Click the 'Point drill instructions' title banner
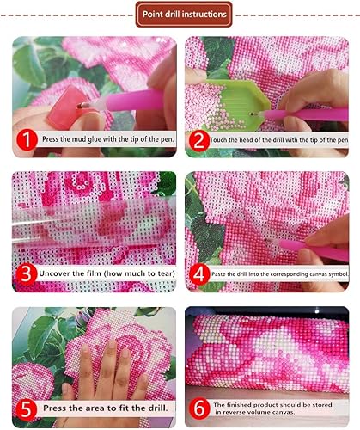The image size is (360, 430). point(184,14)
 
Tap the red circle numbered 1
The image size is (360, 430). point(27,140)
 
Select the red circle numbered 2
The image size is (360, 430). point(199,141)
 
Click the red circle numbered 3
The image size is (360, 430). point(27,273)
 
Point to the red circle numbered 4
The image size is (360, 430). point(199,274)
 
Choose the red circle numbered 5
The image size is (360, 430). point(27,408)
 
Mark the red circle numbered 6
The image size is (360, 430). point(199,408)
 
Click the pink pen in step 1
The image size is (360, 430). point(126,101)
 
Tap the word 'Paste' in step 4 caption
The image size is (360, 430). point(218,274)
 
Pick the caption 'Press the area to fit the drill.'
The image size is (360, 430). point(106,408)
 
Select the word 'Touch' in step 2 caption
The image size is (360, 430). point(218,140)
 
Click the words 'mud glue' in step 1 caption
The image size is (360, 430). point(84,139)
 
